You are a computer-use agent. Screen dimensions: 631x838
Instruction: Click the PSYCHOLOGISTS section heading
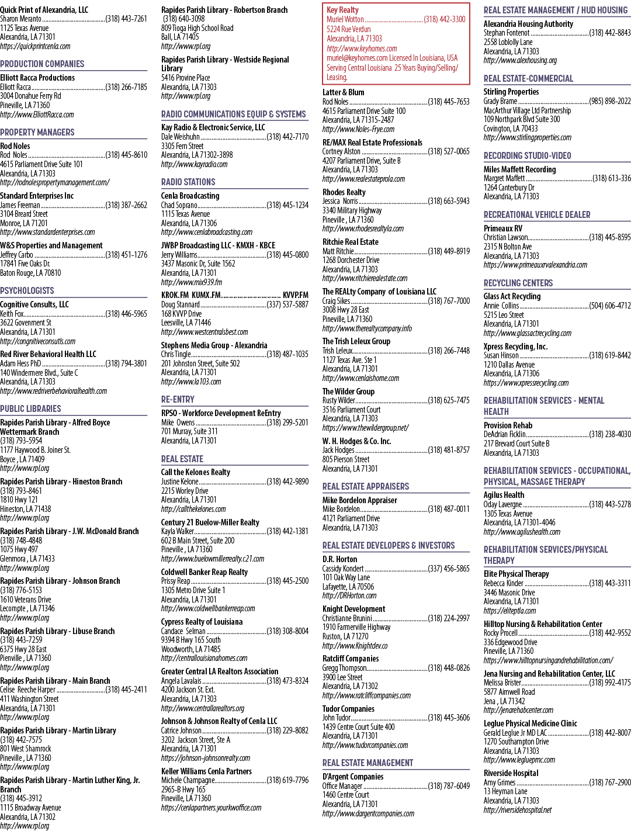point(27,290)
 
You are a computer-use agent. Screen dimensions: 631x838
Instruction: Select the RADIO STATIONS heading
point(188,182)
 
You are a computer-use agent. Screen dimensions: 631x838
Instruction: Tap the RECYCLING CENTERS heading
point(518,283)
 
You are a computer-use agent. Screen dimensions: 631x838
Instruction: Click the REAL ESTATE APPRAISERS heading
point(366,486)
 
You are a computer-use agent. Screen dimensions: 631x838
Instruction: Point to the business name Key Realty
point(342,10)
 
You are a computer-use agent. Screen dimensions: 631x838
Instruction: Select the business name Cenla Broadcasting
point(190,196)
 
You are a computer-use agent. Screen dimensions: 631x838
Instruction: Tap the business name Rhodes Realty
point(344,192)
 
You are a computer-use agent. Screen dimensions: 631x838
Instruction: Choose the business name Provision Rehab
point(508,425)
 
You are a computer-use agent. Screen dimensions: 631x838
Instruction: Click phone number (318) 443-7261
point(126,19)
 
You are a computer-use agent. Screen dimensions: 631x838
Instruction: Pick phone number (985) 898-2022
point(610,101)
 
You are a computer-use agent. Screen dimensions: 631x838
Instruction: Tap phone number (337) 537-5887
point(287,304)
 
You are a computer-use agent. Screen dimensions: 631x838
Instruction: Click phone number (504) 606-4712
point(610,306)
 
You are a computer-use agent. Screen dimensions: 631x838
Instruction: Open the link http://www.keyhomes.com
point(362,49)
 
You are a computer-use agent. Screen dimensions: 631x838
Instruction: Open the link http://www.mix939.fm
point(191,282)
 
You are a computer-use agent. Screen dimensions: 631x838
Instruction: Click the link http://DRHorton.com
point(349,595)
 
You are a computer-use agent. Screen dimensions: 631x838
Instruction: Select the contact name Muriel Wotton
point(345,19)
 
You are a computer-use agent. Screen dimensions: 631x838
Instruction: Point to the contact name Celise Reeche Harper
point(27,690)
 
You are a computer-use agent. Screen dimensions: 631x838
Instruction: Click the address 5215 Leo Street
point(504,315)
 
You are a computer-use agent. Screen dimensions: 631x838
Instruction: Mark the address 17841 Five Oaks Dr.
point(25,264)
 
